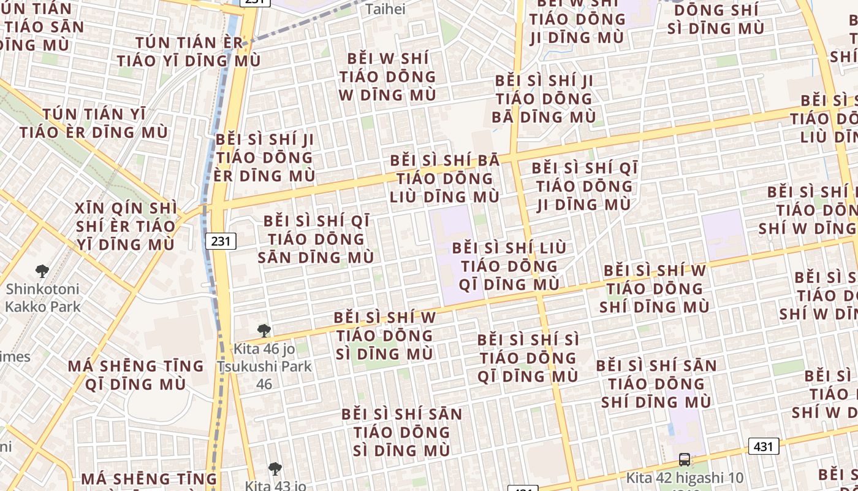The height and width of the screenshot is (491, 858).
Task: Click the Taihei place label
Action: (x=385, y=9)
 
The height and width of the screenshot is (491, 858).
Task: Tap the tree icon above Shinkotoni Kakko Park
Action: (x=42, y=271)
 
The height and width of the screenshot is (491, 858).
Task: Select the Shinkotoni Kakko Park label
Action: (x=42, y=297)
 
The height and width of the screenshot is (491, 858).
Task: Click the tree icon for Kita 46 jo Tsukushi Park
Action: (x=264, y=331)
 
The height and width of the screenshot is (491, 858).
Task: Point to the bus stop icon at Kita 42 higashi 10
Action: (x=684, y=459)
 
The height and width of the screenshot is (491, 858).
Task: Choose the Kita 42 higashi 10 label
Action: (x=684, y=477)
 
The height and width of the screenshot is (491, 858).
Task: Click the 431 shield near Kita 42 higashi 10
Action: (x=763, y=446)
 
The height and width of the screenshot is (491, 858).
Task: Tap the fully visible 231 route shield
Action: (x=220, y=241)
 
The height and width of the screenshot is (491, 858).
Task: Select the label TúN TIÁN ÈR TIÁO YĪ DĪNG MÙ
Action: (x=189, y=52)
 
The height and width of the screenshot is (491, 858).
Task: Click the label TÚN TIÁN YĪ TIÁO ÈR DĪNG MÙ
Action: (x=94, y=123)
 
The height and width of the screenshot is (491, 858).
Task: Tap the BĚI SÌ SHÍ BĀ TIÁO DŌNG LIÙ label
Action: (x=445, y=179)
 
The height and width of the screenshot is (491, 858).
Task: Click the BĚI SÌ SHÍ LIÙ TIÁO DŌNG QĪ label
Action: (x=509, y=266)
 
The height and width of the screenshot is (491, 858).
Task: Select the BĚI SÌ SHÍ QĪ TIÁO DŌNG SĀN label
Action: (x=316, y=239)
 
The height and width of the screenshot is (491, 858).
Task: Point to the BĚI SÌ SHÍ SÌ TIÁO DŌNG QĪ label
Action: (x=528, y=358)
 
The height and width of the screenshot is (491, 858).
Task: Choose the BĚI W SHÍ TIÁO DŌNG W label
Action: (x=387, y=77)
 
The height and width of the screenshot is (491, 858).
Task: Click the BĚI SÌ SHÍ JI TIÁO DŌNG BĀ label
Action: (x=544, y=99)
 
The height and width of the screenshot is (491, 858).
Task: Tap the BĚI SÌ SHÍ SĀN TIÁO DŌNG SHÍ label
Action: (x=656, y=384)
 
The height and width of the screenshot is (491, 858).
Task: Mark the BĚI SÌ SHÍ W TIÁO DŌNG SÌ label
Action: (x=385, y=336)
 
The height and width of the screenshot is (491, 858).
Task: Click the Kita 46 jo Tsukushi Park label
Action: (x=264, y=366)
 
